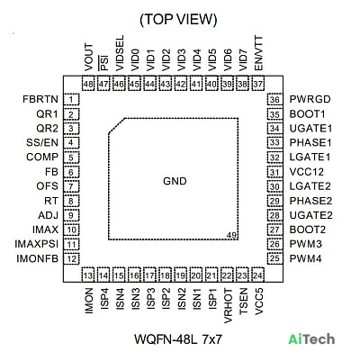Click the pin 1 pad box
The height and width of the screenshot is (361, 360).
71,100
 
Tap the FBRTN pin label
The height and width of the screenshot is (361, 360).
40,99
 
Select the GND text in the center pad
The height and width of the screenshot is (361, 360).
175,181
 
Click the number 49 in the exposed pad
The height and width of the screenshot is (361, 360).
232,235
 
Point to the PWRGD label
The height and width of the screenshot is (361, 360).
310,99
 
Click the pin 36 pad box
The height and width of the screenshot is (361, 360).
274,100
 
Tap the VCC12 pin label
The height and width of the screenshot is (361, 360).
307,172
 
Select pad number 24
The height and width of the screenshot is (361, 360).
257,275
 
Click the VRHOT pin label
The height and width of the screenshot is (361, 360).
228,306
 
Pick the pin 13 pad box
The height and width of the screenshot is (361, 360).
88,275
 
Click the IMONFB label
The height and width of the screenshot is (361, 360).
37,258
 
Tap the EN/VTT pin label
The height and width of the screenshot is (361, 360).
258,54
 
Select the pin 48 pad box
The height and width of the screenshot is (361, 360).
88,84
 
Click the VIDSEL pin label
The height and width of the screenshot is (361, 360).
120,53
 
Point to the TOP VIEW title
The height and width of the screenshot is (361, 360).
178,20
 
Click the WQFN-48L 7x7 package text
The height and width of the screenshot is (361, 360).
178,339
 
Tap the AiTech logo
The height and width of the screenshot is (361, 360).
311,339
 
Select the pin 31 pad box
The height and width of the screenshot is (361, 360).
274,172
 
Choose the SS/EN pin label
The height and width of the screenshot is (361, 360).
42,142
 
